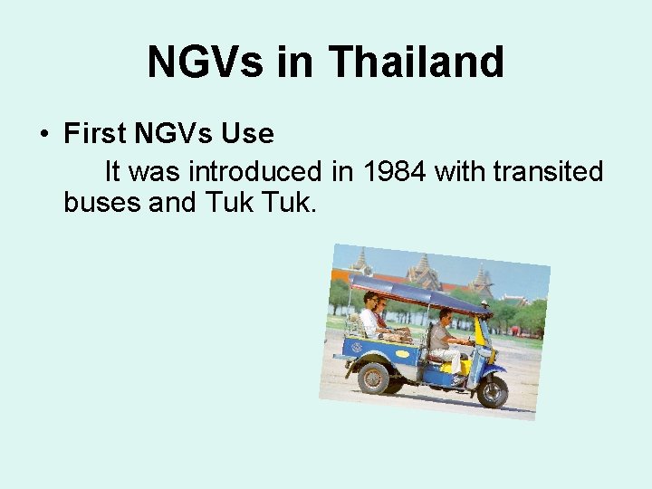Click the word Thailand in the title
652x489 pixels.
pyautogui.click(x=417, y=62)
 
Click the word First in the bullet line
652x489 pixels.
pyautogui.click(x=94, y=134)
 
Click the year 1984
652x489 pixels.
pyautogui.click(x=396, y=170)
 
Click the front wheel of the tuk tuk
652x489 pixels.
pyautogui.click(x=492, y=390)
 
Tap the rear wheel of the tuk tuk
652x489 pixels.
pyautogui.click(x=373, y=377)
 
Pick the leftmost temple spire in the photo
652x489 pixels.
pyautogui.click(x=360, y=262)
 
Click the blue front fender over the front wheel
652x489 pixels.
pyautogui.click(x=494, y=370)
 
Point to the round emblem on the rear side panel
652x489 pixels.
pyautogui.click(x=356, y=347)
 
